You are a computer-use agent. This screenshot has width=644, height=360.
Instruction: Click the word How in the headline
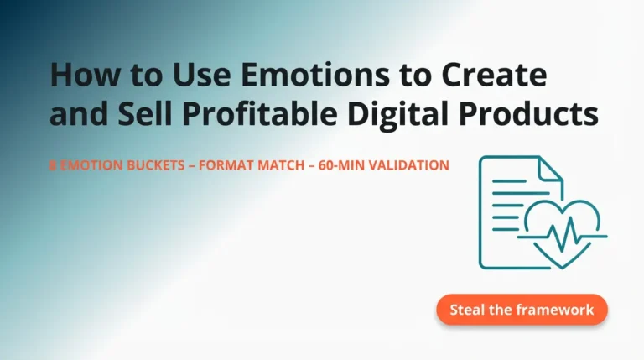[x=76, y=76]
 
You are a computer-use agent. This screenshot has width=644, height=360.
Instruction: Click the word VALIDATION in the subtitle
[x=409, y=166]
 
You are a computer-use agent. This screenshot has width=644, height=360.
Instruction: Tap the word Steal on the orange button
[x=466, y=310]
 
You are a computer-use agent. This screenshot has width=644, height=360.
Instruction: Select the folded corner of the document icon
[x=550, y=167]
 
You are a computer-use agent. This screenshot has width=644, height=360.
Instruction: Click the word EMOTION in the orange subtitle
[x=84, y=166]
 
